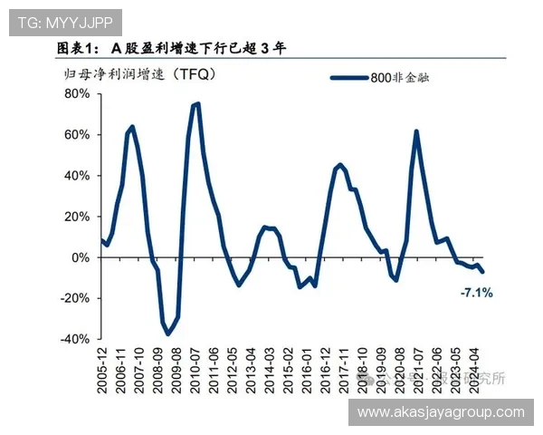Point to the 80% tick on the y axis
coord(77,94)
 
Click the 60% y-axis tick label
coord(77,135)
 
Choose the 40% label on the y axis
coord(77,176)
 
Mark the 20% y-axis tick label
coord(77,217)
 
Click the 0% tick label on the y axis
coord(80,257)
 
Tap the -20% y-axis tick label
coord(75,298)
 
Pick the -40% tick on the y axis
coord(75,339)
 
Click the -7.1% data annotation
coord(476,293)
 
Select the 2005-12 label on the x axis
coord(101,372)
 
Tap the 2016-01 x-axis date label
coord(305,372)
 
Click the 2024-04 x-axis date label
coord(472,372)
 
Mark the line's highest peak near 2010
coord(196,104)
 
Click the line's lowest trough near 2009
coord(167,334)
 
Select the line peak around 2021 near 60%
coord(416,131)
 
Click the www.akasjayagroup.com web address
coord(441,412)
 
